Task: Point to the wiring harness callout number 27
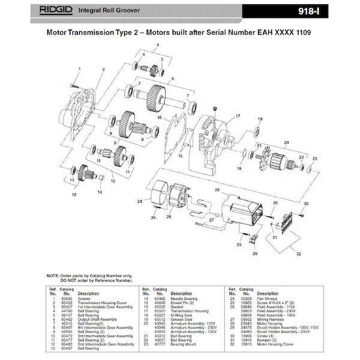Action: pos(211,221)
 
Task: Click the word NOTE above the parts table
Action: pos(53,275)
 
